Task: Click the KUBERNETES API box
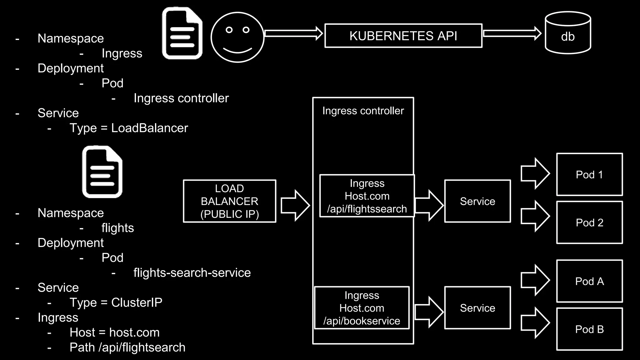coord(403,36)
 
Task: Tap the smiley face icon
coord(237,37)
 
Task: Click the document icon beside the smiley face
coord(182,33)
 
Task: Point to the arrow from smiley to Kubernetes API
coord(293,33)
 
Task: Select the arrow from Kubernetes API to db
coord(512,33)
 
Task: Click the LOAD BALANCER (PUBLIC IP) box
coord(229,201)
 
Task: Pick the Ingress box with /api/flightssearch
coord(367,196)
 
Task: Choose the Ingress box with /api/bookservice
coord(362,308)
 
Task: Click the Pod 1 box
coord(589,174)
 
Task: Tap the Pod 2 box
coord(589,222)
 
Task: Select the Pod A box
coord(589,281)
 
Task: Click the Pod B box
coord(589,329)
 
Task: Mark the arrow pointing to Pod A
coord(535,280)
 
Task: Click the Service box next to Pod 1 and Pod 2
coord(477,201)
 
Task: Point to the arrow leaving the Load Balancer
coord(295,205)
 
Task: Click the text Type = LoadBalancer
coord(128,128)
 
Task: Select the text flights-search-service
coord(192,273)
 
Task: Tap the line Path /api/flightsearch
coord(127,347)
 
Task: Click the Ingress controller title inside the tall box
coord(363,111)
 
